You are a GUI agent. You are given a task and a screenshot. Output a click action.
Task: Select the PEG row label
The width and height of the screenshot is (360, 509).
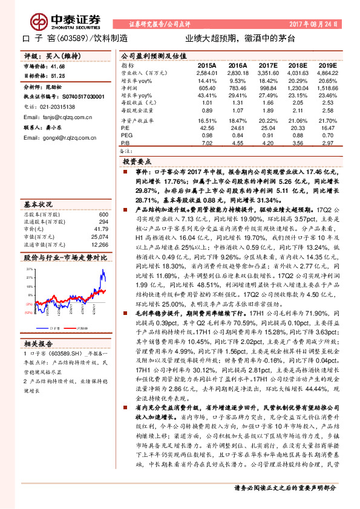pyautogui.click(x=126, y=135)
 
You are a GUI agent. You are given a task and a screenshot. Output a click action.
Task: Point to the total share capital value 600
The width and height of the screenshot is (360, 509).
pyautogui.click(x=103, y=215)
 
